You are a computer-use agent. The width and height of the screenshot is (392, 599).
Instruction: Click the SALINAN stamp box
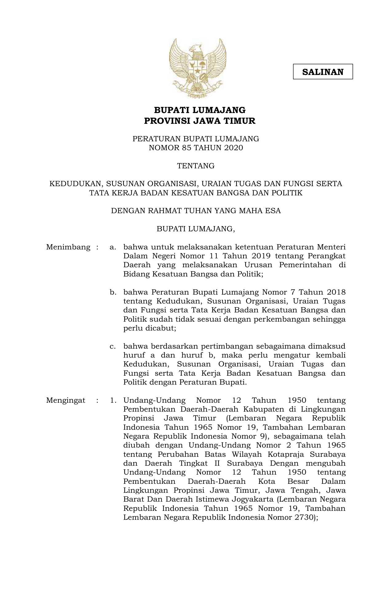coord(323,72)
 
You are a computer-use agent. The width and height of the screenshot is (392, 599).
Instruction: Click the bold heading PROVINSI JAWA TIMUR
coord(200,121)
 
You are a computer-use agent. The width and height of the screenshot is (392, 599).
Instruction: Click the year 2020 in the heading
coord(233,148)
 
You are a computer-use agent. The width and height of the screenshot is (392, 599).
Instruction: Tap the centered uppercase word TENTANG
coord(196,166)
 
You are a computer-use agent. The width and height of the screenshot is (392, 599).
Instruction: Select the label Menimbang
coord(68,247)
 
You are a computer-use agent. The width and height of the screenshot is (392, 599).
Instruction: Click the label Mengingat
coord(66,401)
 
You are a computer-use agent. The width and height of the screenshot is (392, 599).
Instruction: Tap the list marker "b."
coord(113,292)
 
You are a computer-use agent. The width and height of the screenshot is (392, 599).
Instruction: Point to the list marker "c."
coord(113,346)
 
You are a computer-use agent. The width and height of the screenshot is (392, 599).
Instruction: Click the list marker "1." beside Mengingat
coord(113,401)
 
